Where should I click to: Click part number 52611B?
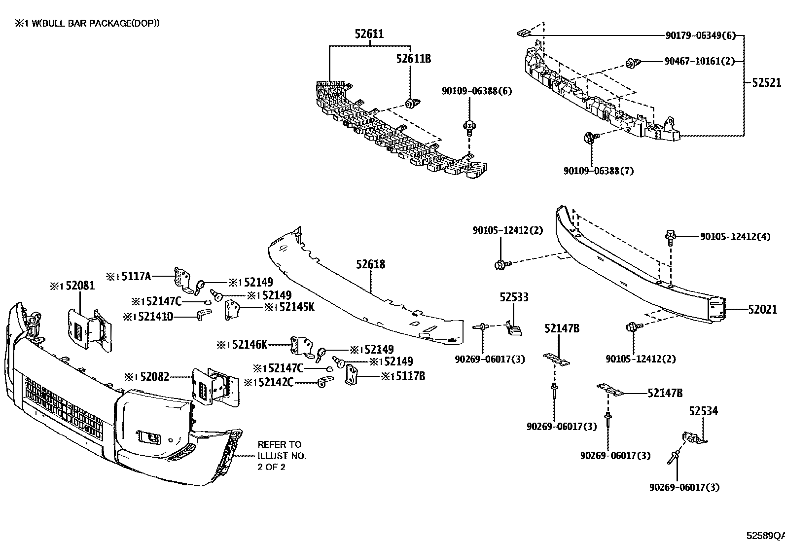pyautogui.click(x=413, y=59)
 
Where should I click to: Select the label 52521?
pyautogui.click(x=766, y=83)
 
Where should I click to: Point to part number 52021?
pyautogui.click(x=762, y=309)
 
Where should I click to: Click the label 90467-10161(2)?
pyautogui.click(x=699, y=62)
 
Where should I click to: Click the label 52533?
pyautogui.click(x=514, y=297)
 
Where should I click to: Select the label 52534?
pyautogui.click(x=703, y=411)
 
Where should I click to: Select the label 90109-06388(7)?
pyautogui.click(x=599, y=171)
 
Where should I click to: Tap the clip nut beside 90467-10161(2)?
pyautogui.click(x=632, y=63)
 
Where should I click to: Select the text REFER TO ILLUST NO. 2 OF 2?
pyautogui.click(x=281, y=455)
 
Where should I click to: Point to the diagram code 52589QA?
pyautogui.click(x=764, y=536)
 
